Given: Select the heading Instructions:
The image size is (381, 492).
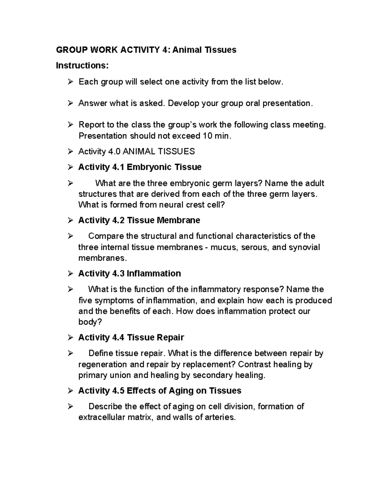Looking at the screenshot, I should [x=82, y=66].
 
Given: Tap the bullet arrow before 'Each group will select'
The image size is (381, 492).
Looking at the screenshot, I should [x=70, y=82].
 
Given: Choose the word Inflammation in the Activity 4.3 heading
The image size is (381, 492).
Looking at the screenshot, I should [x=154, y=273].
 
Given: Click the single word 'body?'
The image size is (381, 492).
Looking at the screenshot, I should [x=90, y=322].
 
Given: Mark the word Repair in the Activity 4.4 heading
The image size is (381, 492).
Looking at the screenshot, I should [x=170, y=337].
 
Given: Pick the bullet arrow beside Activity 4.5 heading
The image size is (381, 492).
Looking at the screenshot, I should [x=70, y=391].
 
